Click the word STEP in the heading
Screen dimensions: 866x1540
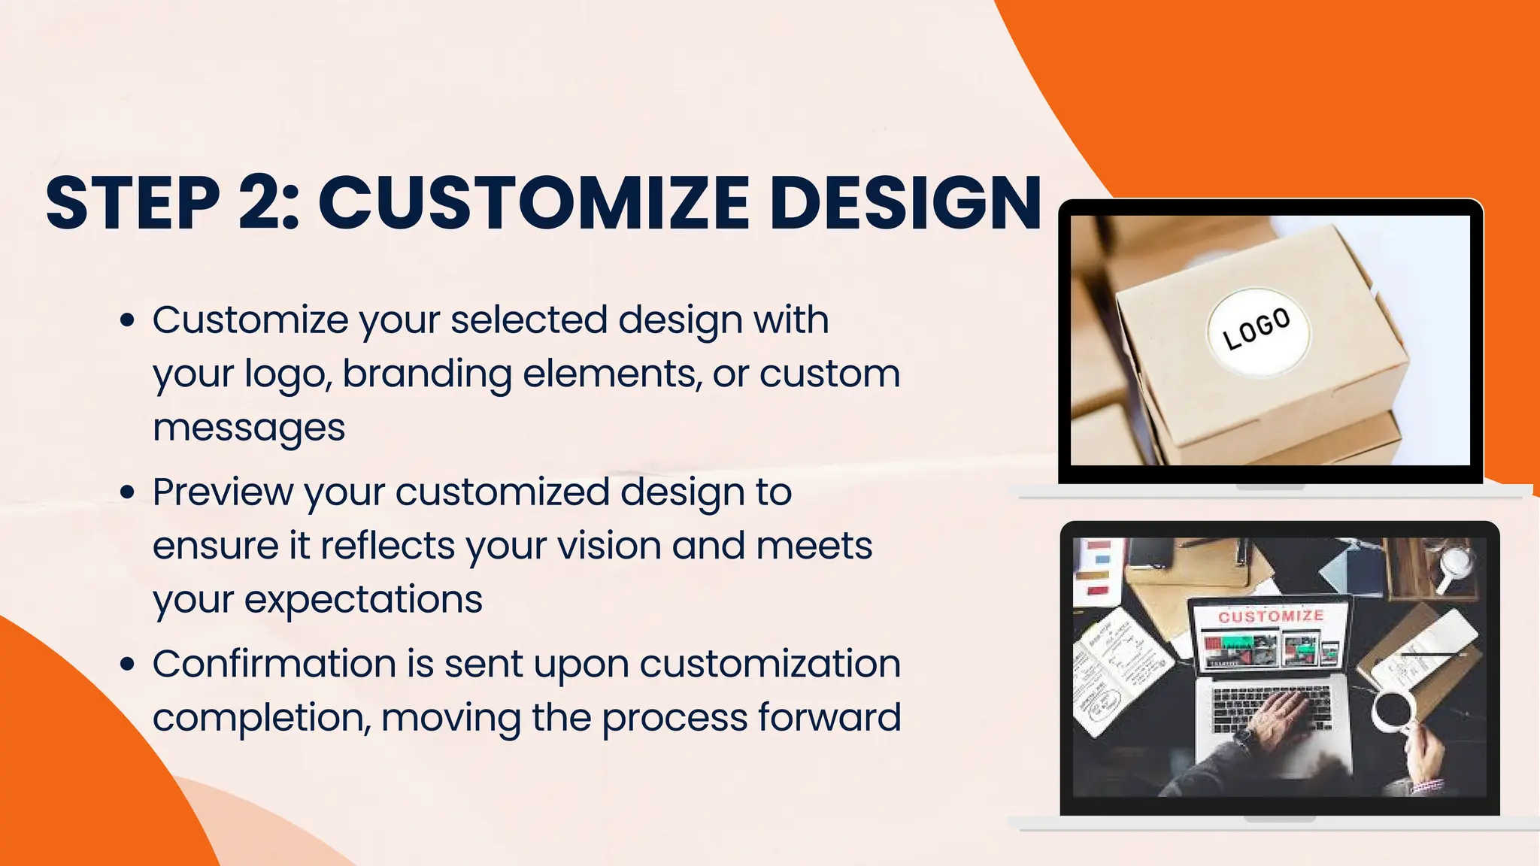[132, 202]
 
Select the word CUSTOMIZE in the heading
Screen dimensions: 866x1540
[534, 202]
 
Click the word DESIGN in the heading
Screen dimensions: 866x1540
[905, 202]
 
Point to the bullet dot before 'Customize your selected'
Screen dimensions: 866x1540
[128, 320]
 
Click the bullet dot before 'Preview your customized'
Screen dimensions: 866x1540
[128, 492]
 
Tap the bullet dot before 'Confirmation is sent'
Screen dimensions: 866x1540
[128, 665]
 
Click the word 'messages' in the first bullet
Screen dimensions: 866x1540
[249, 428]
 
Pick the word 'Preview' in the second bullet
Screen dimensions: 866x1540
[223, 492]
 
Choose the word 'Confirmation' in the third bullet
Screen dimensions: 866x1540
[274, 665]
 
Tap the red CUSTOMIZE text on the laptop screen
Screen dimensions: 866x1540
[1271, 616]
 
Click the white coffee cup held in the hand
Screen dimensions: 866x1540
[1393, 710]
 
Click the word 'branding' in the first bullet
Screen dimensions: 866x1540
[426, 375]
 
